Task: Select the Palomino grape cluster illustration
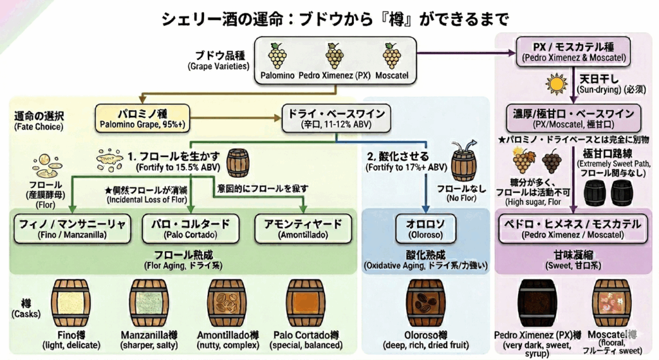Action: [278, 56]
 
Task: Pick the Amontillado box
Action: [302, 228]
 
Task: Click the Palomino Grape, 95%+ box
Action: [142, 117]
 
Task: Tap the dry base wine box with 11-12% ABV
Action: [335, 117]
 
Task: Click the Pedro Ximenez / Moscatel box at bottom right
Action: [572, 228]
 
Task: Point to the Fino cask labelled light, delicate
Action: [71, 303]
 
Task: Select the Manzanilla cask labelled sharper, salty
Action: [149, 303]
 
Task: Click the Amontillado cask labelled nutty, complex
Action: [227, 303]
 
